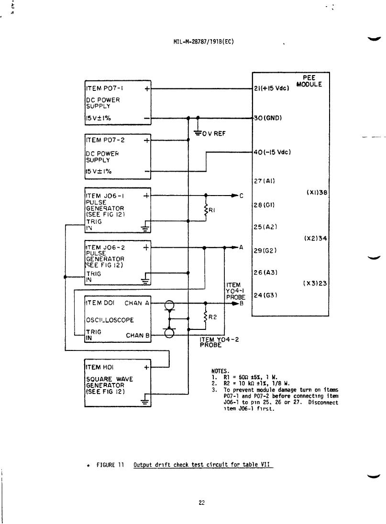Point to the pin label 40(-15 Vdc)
272,152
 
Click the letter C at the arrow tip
242,196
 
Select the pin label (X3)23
315,283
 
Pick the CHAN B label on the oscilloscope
137,335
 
